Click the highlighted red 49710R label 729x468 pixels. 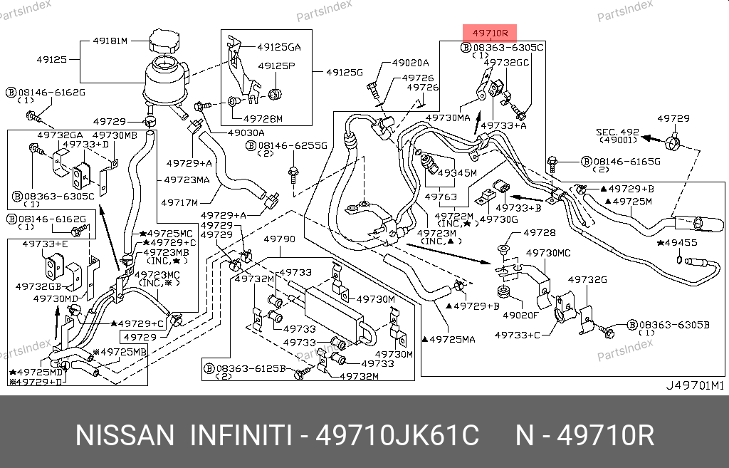point(490,33)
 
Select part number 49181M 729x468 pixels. point(110,41)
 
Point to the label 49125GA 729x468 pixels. point(279,48)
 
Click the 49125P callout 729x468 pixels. point(276,66)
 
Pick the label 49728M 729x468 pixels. point(263,118)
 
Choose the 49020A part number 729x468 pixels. point(410,63)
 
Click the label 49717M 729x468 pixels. point(179,202)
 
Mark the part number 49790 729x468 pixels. point(278,240)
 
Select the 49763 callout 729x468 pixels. point(441,196)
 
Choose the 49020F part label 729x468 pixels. point(520,314)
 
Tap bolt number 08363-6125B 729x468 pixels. point(250,368)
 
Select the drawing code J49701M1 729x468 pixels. point(693,386)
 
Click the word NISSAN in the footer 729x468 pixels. point(124,435)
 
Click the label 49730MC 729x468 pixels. point(548,252)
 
